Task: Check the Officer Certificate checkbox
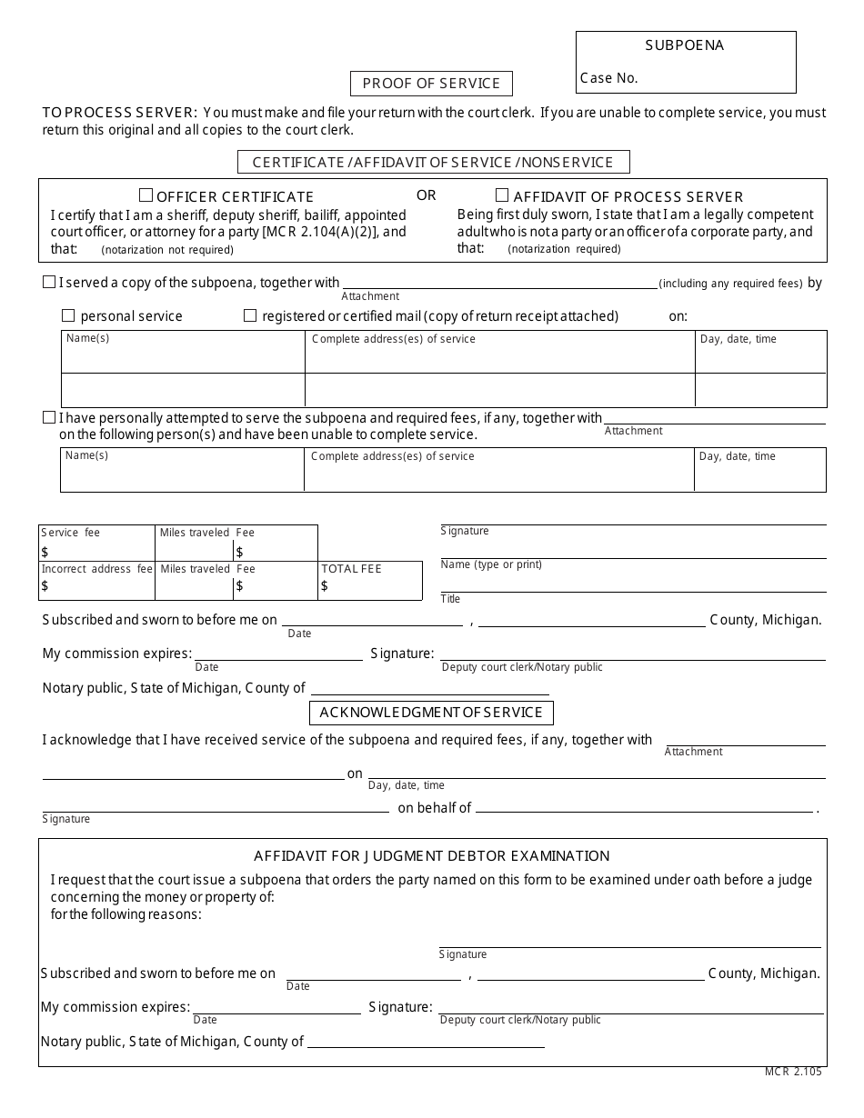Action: tap(146, 195)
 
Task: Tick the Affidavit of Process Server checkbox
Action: tap(502, 195)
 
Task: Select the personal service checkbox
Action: tap(68, 315)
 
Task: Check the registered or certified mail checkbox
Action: tap(250, 315)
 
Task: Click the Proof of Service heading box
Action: tap(431, 84)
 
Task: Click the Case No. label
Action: tap(609, 78)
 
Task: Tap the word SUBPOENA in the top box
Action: tap(685, 45)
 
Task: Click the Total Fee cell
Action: tap(370, 580)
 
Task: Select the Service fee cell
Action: tap(96, 543)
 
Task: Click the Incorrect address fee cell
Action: tap(96, 580)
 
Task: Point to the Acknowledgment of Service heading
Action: tap(431, 713)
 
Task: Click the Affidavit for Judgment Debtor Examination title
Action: tap(431, 855)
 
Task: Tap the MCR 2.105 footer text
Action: tap(793, 1072)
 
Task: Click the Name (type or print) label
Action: tap(491, 564)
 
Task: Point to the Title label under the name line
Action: tap(451, 599)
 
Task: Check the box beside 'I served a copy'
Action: tap(49, 283)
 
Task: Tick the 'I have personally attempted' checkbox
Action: tap(49, 418)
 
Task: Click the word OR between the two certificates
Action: tap(427, 195)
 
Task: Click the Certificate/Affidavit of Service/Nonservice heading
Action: tap(433, 163)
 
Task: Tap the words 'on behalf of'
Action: tap(435, 808)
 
